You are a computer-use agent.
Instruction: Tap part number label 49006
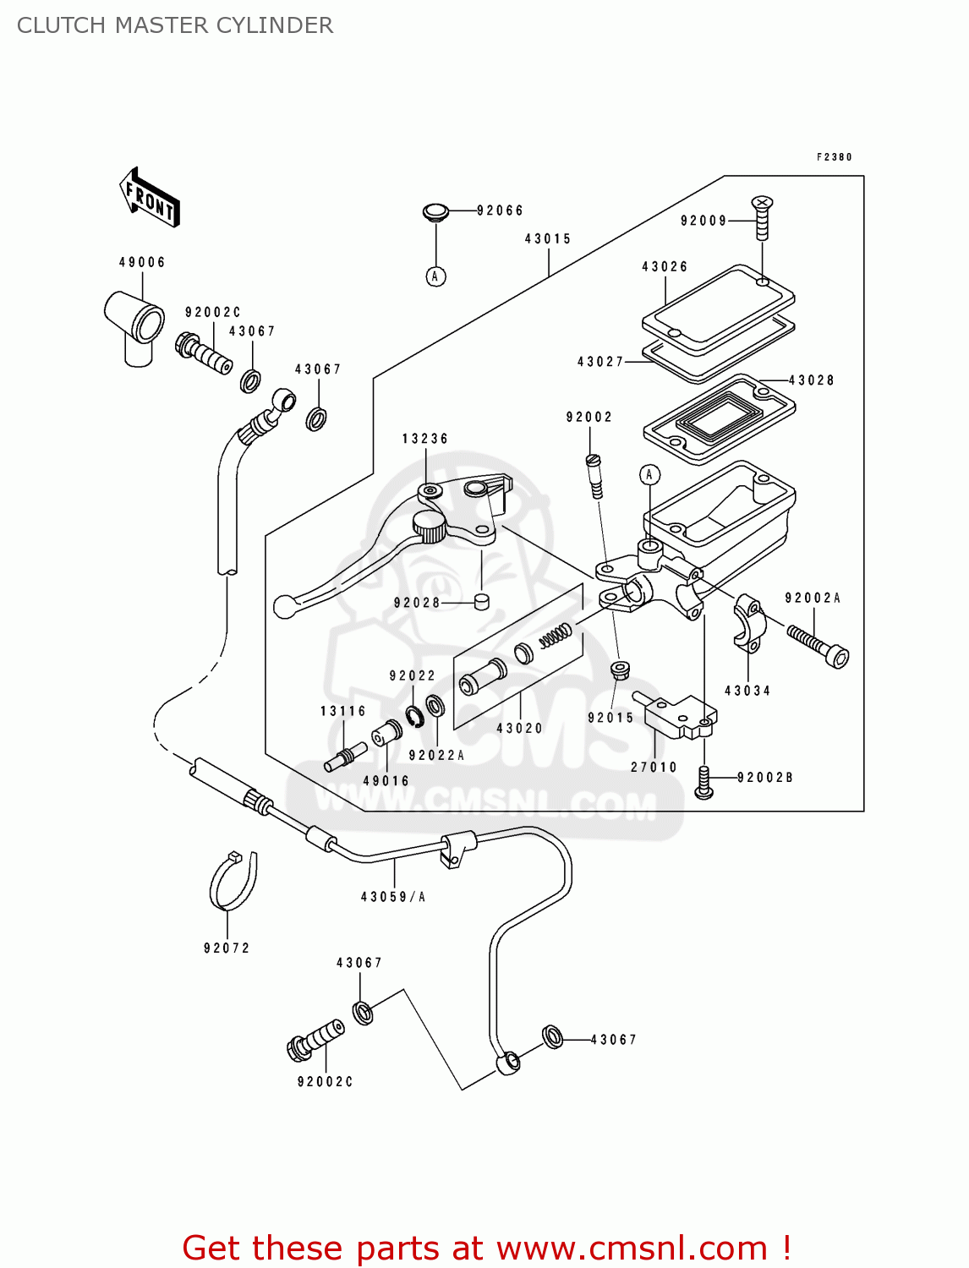(x=142, y=262)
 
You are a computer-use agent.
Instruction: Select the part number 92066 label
(x=500, y=210)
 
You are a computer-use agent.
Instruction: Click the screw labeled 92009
(x=762, y=218)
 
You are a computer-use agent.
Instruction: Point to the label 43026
(x=665, y=267)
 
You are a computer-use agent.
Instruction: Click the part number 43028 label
(x=811, y=380)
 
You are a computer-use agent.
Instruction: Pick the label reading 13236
(x=425, y=439)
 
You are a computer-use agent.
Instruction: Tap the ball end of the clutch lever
(x=285, y=606)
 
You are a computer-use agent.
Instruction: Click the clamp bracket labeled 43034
(x=749, y=624)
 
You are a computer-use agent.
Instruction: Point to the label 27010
(x=654, y=767)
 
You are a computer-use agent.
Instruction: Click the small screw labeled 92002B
(x=703, y=781)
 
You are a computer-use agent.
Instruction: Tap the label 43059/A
(x=393, y=897)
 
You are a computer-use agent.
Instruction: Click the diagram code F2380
(x=835, y=157)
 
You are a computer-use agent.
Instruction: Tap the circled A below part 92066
(x=435, y=276)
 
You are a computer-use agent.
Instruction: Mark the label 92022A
(x=436, y=756)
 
